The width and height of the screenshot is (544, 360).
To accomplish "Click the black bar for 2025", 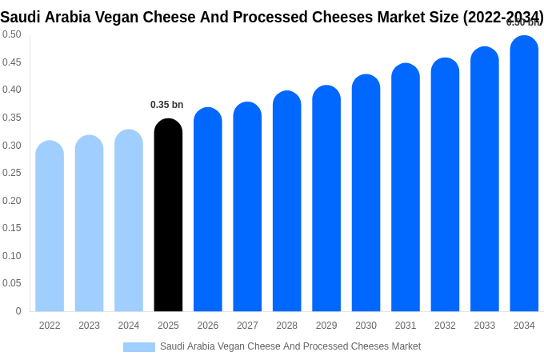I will (x=168, y=216).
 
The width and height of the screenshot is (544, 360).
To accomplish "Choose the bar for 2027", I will (x=247, y=207).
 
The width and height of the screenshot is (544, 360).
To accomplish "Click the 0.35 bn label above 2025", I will (x=166, y=105).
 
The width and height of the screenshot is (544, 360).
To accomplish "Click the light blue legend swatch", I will (x=138, y=347).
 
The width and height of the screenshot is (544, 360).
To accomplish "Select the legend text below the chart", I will (x=290, y=346).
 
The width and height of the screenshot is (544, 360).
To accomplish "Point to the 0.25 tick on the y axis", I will (x=11, y=173).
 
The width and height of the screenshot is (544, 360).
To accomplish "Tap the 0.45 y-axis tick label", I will (x=11, y=62).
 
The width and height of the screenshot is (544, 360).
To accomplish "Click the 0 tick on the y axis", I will (x=18, y=311).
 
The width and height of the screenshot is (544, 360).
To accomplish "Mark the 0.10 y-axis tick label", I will (x=11, y=256).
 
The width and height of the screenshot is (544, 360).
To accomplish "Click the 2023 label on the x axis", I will (x=89, y=326).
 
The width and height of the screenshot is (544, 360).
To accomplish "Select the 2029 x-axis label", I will (x=326, y=326).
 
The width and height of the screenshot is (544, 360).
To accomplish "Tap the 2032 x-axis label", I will (x=445, y=326).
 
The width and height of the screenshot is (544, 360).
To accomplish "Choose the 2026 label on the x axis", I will (x=208, y=326).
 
